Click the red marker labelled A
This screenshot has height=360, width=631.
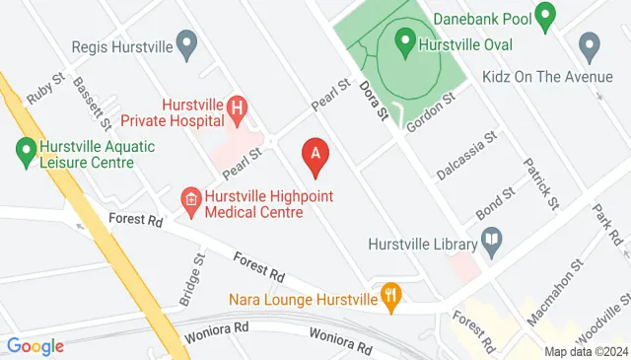click(x=315, y=156)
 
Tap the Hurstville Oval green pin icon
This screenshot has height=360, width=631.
click(x=404, y=42)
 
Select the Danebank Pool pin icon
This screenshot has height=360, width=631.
click(x=545, y=14)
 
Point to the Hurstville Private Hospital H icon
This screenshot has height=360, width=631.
click(x=237, y=105)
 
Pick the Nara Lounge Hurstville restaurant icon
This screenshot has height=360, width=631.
click(x=392, y=297)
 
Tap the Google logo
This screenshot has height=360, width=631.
click(x=35, y=346)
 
